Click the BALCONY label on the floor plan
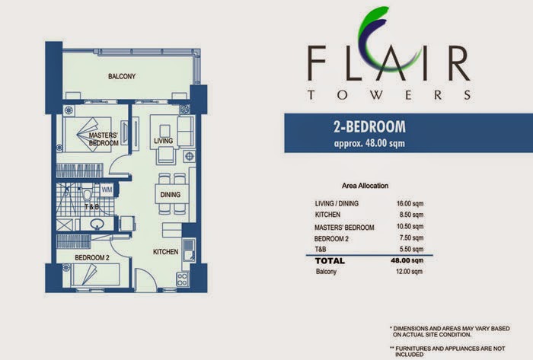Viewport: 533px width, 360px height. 122,76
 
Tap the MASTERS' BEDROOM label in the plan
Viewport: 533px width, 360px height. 104,139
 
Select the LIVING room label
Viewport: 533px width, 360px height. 163,141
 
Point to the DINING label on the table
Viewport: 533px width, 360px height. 171,195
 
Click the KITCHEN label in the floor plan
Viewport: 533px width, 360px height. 165,252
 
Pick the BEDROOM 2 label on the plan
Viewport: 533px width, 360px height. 92,258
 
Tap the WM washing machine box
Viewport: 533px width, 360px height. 107,190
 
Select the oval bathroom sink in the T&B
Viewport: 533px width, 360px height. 97,224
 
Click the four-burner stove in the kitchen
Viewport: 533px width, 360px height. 182,279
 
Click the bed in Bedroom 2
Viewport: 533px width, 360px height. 95,275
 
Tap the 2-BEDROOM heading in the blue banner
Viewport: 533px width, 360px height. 369,126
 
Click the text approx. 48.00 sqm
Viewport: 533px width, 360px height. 369,143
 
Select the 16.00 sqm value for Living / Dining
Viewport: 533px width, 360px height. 410,203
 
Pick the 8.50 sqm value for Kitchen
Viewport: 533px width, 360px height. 411,215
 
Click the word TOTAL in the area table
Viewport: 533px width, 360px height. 330,261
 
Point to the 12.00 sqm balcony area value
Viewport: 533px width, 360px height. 410,272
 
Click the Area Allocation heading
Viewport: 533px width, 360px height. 365,186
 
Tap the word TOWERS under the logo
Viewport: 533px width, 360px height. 389,94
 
